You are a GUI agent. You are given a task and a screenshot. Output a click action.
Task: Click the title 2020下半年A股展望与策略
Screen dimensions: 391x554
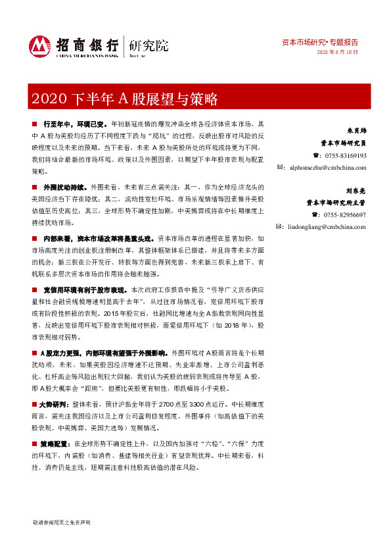coord(124,99)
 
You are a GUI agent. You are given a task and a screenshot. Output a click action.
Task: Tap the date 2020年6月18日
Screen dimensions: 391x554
coord(338,52)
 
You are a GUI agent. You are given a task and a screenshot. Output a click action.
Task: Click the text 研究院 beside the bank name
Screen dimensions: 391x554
coord(149,45)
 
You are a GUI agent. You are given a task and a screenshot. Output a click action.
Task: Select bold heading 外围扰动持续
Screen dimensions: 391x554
coord(65,188)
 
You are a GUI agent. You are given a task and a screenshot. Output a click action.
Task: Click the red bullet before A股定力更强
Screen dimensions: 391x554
coord(34,353)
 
